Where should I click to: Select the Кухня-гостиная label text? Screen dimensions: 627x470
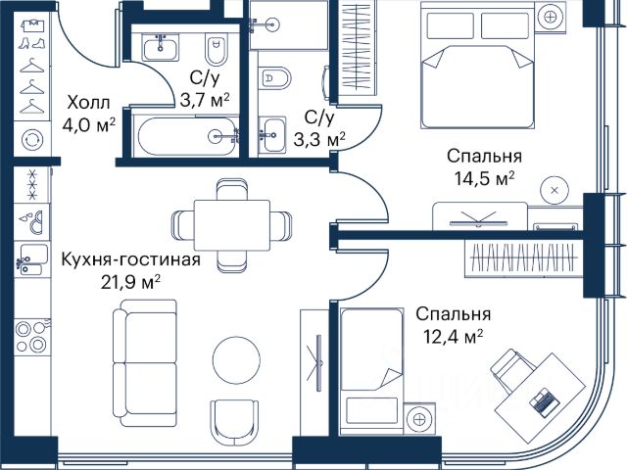pyautogui.click(x=130, y=259)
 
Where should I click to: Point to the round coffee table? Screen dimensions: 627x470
pyautogui.click(x=239, y=359)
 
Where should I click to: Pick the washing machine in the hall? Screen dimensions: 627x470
pyautogui.click(x=32, y=139)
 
